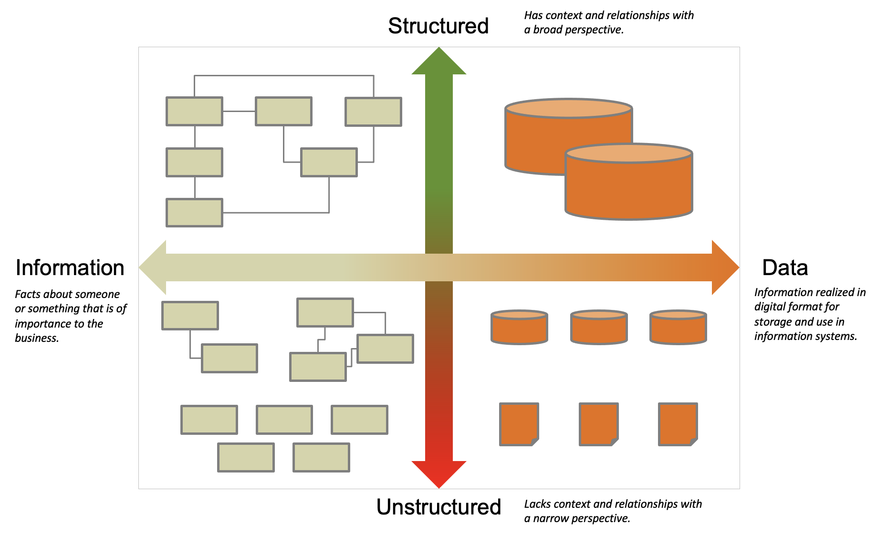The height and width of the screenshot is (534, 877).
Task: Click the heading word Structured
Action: (x=438, y=26)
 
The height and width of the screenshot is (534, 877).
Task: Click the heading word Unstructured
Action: (x=438, y=507)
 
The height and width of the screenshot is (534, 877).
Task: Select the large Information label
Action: (x=70, y=267)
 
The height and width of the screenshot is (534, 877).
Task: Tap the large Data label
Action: (x=785, y=267)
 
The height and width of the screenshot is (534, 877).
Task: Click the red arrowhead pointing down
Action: (x=439, y=473)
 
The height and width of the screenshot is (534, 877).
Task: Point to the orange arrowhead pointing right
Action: (x=725, y=267)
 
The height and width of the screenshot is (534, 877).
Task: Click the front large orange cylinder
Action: (x=629, y=182)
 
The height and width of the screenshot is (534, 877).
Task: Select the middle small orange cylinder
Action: (x=599, y=327)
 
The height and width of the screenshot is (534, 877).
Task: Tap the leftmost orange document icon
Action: (x=519, y=424)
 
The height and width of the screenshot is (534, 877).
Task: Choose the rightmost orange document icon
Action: (x=678, y=424)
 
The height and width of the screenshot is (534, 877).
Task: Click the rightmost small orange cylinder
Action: (x=678, y=327)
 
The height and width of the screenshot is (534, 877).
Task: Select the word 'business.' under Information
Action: (x=37, y=338)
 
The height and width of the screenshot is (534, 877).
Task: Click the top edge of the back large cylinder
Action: (x=569, y=99)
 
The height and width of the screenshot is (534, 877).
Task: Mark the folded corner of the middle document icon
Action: (x=615, y=442)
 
